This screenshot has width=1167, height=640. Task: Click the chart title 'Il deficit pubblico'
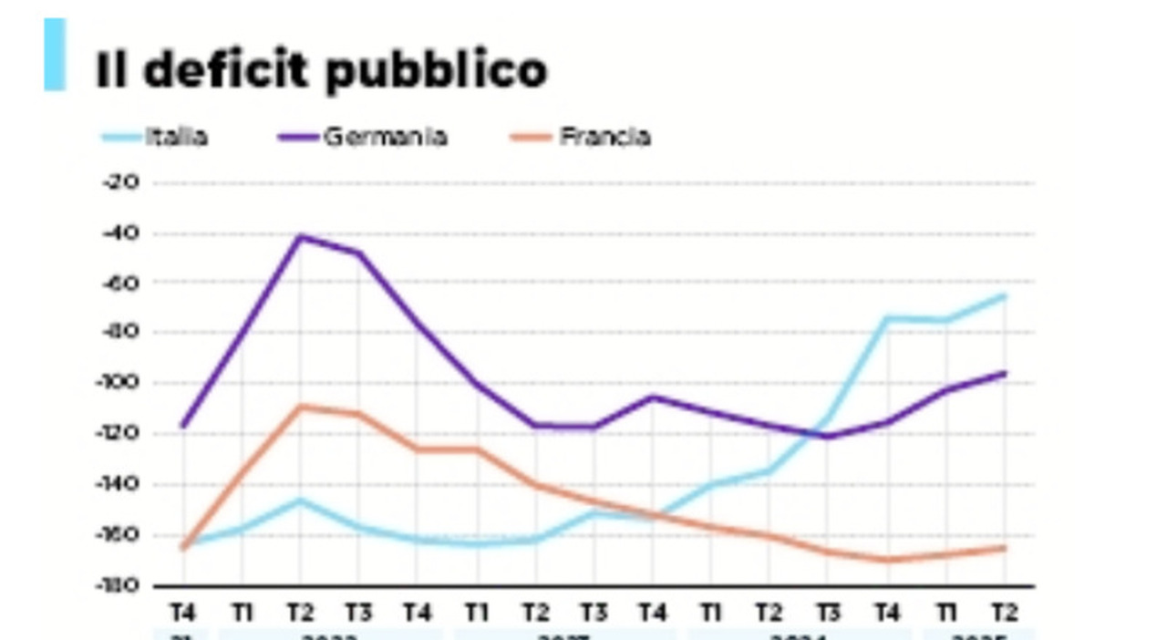pyautogui.click(x=321, y=70)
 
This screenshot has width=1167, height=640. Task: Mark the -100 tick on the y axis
pyautogui.click(x=119, y=383)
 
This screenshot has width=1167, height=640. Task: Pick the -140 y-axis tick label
pyautogui.click(x=119, y=484)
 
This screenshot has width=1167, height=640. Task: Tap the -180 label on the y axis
pyautogui.click(x=119, y=584)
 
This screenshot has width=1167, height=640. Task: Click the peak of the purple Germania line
pyautogui.click(x=300, y=236)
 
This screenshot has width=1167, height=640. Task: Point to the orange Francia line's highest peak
pyautogui.click(x=300, y=406)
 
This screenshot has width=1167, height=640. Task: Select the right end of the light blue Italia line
pyautogui.click(x=1004, y=295)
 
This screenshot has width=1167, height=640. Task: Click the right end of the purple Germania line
pyautogui.click(x=1004, y=373)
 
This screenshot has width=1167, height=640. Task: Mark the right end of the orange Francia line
pyautogui.click(x=1004, y=547)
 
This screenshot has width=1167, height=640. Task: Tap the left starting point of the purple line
pyautogui.click(x=183, y=426)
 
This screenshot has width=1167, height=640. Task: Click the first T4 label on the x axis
pyautogui.click(x=183, y=612)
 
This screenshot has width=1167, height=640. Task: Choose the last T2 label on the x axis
pyautogui.click(x=1004, y=612)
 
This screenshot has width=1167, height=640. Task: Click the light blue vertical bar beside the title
pyautogui.click(x=55, y=55)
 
